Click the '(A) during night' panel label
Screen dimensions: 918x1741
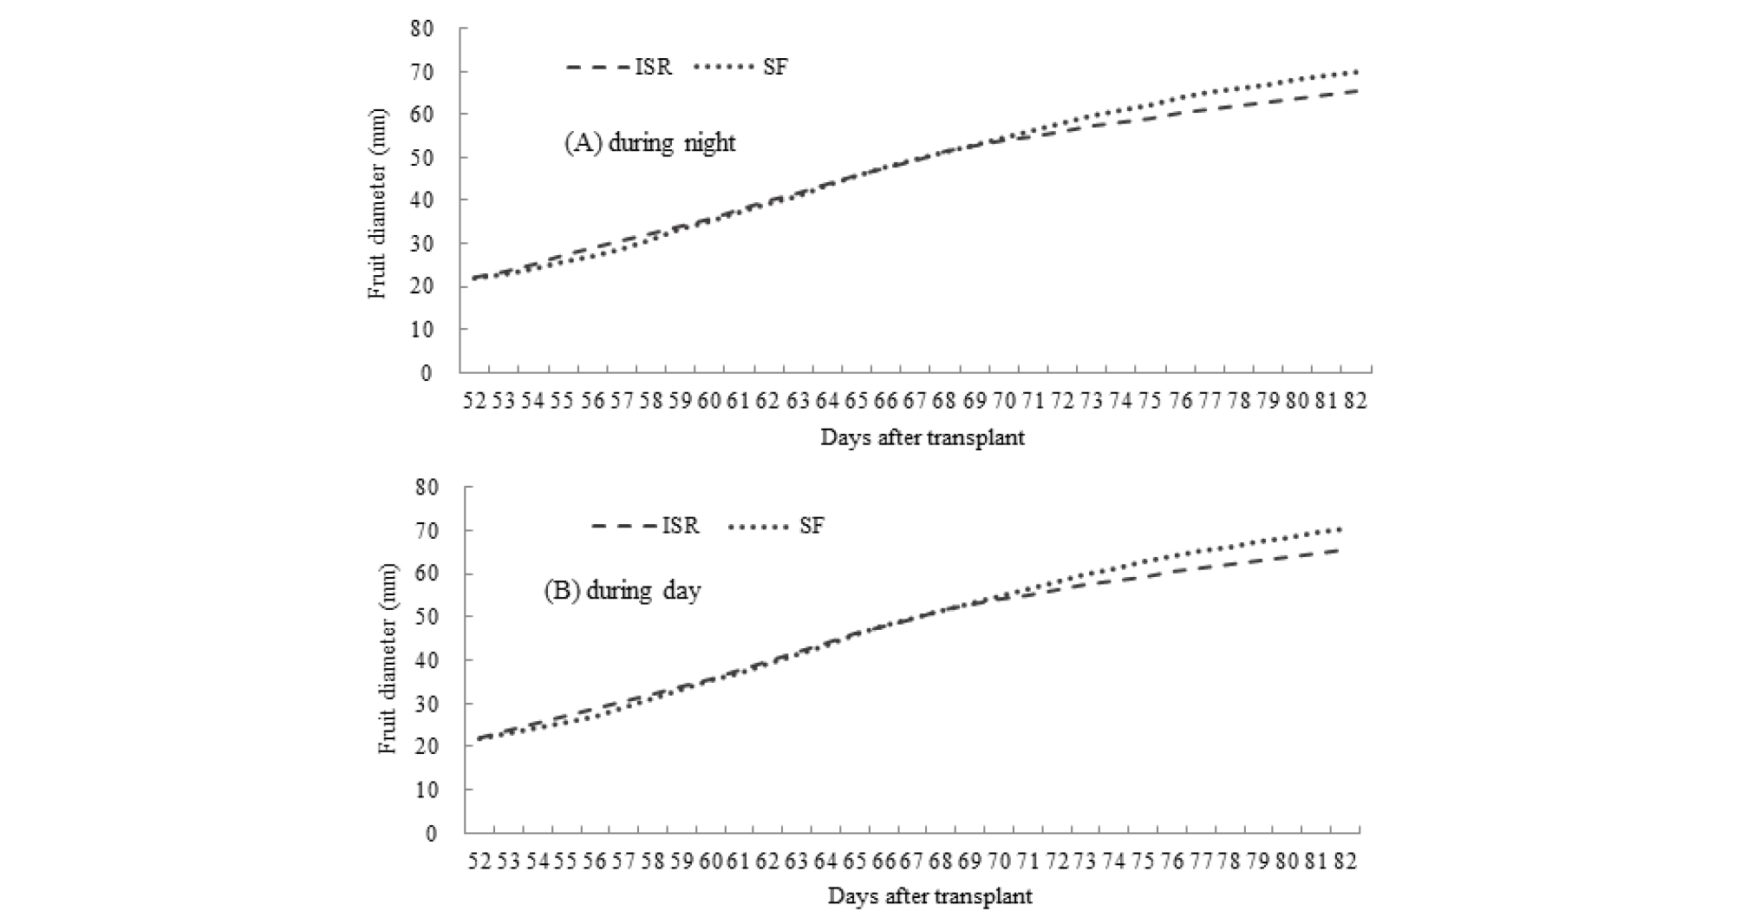[x=649, y=142]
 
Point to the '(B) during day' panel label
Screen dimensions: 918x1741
[x=622, y=591]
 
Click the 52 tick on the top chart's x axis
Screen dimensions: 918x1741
[x=474, y=401]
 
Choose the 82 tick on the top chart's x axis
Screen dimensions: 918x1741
[x=1355, y=401]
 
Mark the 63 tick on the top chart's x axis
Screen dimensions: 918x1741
[x=798, y=401]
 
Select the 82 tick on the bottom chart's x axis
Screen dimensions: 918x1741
[x=1345, y=861]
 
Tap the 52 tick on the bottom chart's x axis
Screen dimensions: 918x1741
[x=479, y=861]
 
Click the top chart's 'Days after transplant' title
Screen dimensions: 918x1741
[x=923, y=437]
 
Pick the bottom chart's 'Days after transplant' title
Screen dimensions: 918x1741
[x=929, y=896]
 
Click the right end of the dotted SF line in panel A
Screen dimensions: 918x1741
[x=1356, y=71]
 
